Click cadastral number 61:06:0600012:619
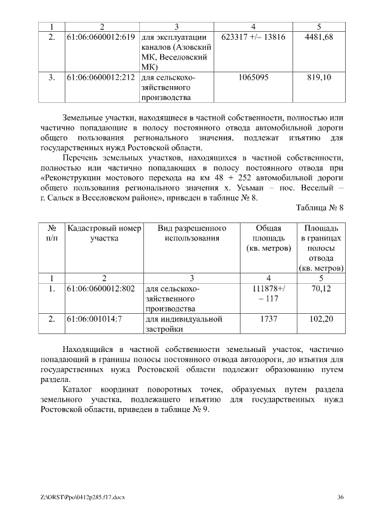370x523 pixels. click(x=101, y=38)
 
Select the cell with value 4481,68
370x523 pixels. click(x=319, y=38)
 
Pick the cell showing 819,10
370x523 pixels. click(x=319, y=77)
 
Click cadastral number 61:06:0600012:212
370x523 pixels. click(x=101, y=77)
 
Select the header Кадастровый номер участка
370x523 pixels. click(x=104, y=232)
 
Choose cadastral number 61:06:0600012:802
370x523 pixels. click(x=101, y=288)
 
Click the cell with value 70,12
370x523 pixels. click(x=321, y=288)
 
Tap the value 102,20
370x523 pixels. click(x=321, y=318)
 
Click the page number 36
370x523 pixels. click(x=341, y=497)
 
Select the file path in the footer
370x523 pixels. click(x=83, y=497)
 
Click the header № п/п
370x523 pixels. click(x=51, y=232)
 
